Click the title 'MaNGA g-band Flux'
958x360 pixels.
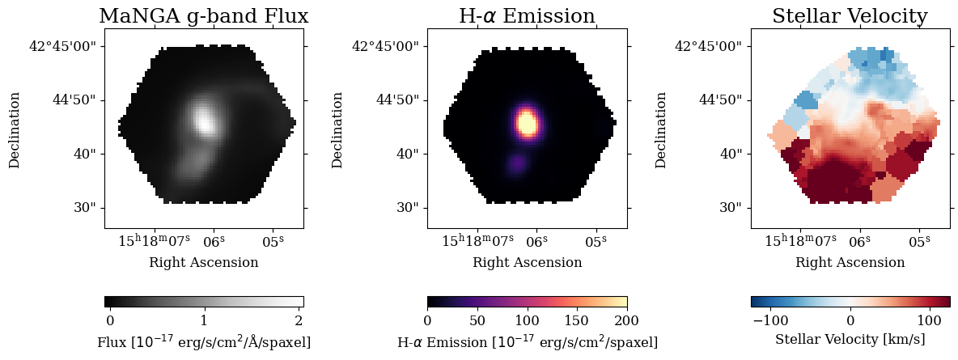(203, 16)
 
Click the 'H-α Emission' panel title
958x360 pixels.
(527, 16)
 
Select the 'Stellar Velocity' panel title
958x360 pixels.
(850, 16)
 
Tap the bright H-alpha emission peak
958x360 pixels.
(527, 123)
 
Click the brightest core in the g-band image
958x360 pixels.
(204, 120)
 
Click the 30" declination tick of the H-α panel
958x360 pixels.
(407, 207)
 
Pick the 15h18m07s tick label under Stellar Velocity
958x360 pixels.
(800, 241)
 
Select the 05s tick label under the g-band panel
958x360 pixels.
(273, 241)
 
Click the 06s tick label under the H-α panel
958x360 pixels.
(537, 241)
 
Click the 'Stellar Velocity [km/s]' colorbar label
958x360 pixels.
(850, 339)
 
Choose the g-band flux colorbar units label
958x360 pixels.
(203, 342)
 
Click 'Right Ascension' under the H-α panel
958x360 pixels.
(527, 262)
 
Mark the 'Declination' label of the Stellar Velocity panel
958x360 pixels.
(661, 129)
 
